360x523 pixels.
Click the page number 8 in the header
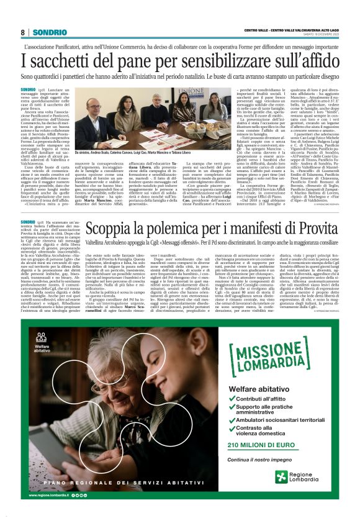click(22, 32)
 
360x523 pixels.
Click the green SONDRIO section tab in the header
click(47, 32)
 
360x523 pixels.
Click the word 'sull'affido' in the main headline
click(297, 60)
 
